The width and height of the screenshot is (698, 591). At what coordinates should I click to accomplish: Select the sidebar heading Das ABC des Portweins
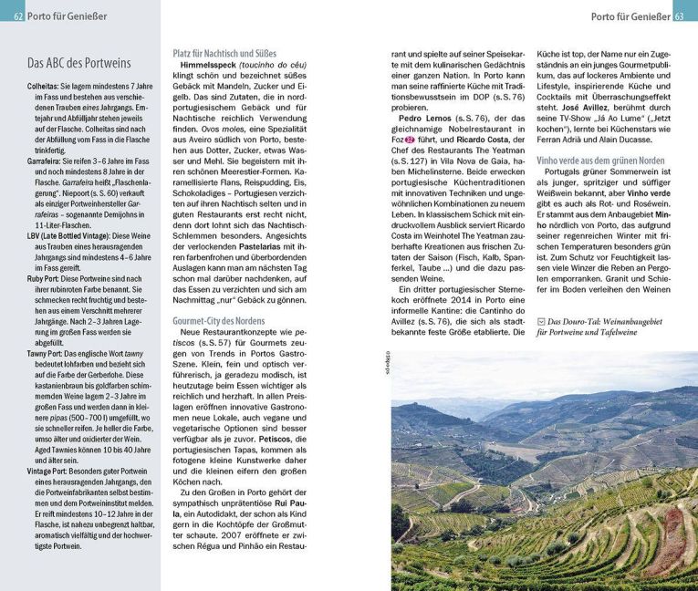[78, 63]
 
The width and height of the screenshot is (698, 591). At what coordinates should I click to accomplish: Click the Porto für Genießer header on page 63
[629, 16]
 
